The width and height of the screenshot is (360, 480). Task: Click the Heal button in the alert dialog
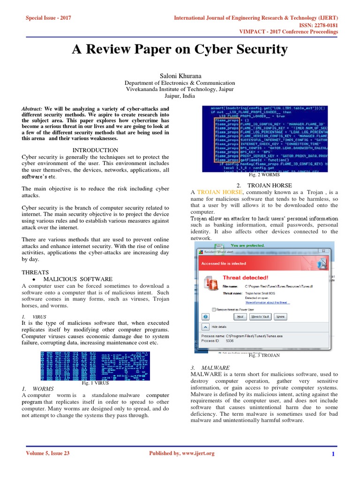coord(240,316)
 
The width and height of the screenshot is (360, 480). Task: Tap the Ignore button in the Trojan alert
coord(280,316)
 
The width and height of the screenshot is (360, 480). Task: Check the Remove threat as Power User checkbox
coord(214,309)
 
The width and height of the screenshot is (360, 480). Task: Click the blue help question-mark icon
coord(205,317)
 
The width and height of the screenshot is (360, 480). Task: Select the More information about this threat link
coord(267,303)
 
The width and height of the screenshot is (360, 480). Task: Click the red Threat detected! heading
coord(245,277)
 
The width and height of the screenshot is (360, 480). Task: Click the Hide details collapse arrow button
coord(205,326)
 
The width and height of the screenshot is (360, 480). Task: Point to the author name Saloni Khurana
coord(180,75)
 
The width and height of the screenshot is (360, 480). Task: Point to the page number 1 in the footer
coord(333,454)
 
